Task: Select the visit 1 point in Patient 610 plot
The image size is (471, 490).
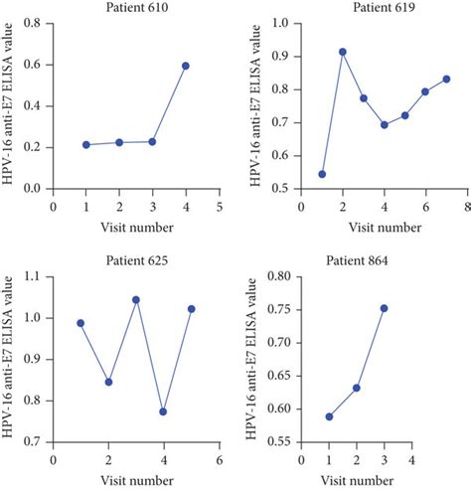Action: [86, 144]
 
